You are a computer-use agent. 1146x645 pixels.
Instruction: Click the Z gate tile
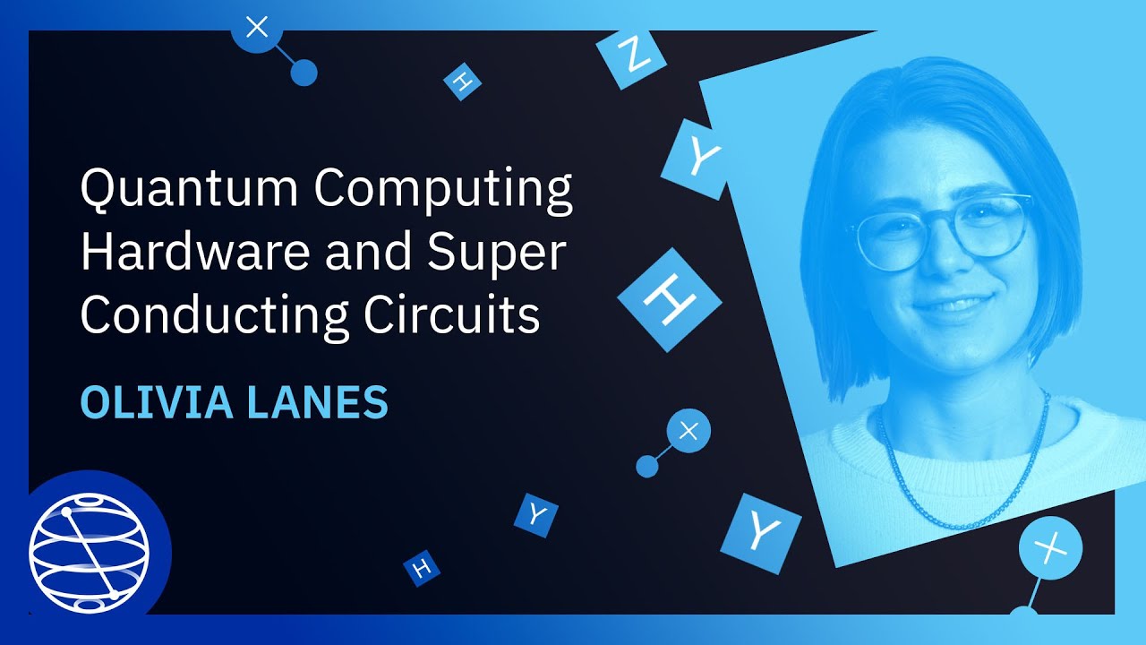[x=632, y=56]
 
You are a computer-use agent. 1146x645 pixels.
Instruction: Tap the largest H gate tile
[x=670, y=298]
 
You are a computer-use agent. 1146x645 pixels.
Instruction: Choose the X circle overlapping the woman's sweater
[x=1050, y=546]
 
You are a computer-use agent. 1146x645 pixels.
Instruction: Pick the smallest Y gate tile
[x=535, y=514]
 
